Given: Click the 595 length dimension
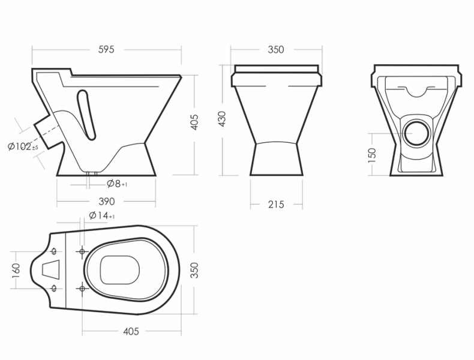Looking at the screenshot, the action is tap(106, 49).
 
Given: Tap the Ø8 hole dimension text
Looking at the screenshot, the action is tap(117, 184).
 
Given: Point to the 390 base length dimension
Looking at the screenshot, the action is tap(107, 202).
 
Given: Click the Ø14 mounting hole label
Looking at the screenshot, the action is tap(102, 215).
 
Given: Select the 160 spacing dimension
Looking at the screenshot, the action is tap(16, 270).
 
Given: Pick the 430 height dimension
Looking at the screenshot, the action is tap(222, 119).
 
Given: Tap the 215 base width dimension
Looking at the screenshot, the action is tap(276, 205).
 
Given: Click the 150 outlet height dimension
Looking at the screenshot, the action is tap(372, 155).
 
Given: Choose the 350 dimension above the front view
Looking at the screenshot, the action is tap(276, 49).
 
